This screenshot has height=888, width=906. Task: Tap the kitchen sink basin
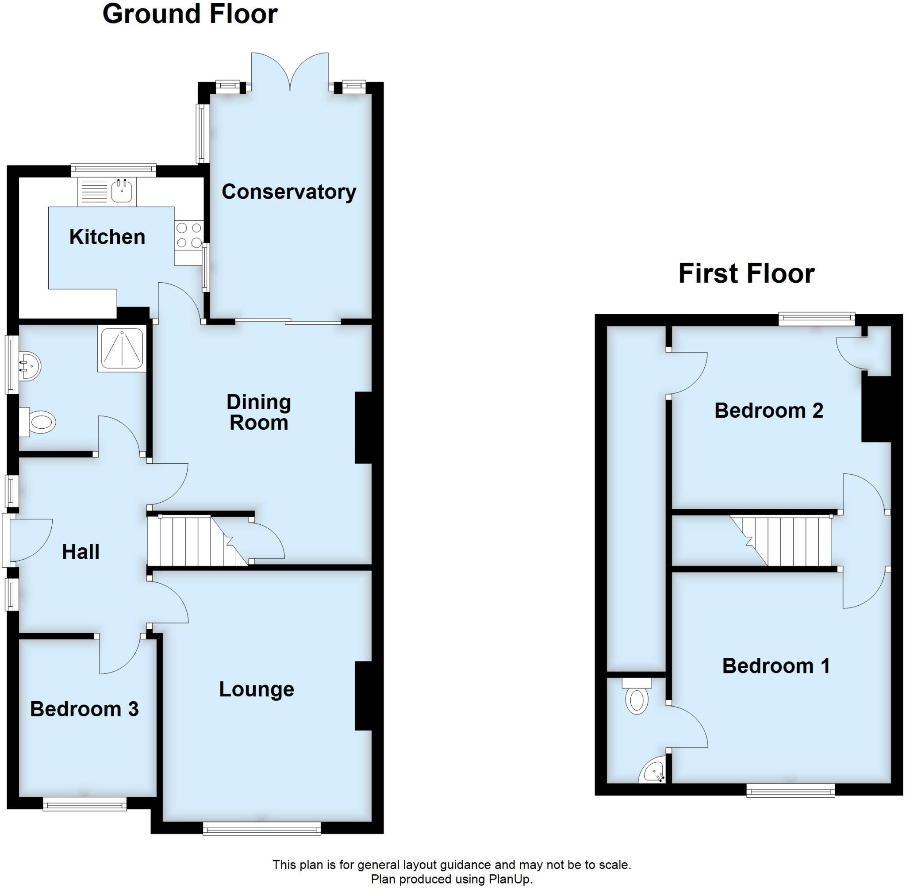pos(122,191)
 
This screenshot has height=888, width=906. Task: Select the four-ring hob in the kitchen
pos(189,235)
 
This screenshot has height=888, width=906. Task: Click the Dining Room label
pos(259,412)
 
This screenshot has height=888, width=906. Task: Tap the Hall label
pos(81,552)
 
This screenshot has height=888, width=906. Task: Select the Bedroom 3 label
pos(84,709)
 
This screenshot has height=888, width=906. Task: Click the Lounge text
pos(257,689)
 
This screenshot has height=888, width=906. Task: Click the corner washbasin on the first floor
pos(655,774)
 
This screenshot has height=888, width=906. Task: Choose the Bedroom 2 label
pos(768,411)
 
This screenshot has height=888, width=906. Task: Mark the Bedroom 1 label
pos(776,666)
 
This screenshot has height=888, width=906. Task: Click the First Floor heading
pos(746,273)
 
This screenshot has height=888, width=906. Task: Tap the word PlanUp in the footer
pos(509,880)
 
